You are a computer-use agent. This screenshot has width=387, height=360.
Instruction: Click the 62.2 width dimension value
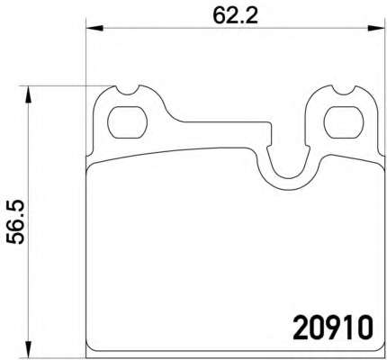[236, 15]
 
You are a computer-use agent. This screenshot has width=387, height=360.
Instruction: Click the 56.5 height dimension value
[15, 222]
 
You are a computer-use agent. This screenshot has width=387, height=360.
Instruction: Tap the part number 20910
[333, 328]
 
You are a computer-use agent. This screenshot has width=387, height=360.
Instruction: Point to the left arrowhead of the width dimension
[94, 28]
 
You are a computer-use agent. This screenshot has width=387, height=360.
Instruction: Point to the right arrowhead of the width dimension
[376, 28]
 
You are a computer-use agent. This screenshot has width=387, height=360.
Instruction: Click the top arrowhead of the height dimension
[28, 94]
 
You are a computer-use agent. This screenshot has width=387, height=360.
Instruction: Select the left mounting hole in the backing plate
[127, 122]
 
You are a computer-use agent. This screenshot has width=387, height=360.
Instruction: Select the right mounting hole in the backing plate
[344, 122]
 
